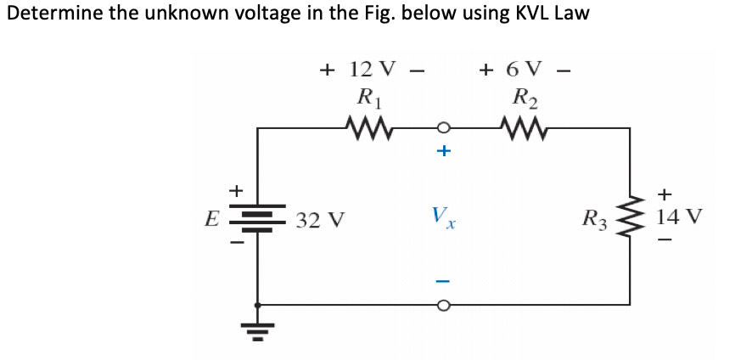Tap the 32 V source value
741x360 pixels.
pos(321,222)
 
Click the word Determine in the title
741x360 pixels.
pos(48,14)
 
